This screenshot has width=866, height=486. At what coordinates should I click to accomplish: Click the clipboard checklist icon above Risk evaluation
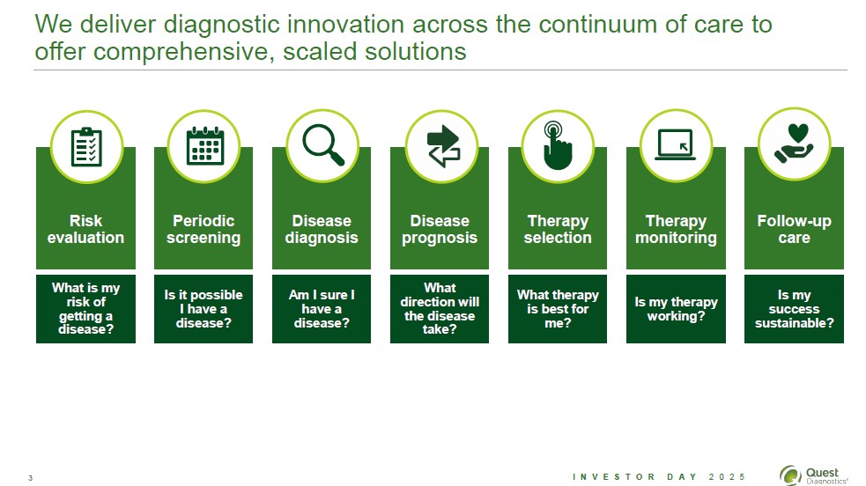[x=86, y=146]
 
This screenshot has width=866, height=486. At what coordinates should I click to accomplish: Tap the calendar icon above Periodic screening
[x=205, y=145]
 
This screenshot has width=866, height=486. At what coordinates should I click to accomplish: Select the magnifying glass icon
[x=323, y=145]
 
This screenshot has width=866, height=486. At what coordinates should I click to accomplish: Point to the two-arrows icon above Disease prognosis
[x=443, y=146]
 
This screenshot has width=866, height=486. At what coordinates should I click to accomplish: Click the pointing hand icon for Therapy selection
[x=558, y=145]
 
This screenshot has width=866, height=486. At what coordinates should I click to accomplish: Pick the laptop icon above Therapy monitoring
[x=676, y=144]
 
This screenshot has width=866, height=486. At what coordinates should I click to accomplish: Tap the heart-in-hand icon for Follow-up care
[x=794, y=144]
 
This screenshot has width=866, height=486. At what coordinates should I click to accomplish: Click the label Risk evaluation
[x=85, y=229]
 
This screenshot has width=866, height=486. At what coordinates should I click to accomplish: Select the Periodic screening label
[x=204, y=229]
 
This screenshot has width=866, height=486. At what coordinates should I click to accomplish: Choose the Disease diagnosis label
[x=322, y=229]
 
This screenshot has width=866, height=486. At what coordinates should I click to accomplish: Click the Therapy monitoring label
[x=676, y=229]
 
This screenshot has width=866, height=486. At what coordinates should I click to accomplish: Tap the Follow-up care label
[x=795, y=229]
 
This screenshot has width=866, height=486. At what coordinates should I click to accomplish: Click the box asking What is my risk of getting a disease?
[x=85, y=309]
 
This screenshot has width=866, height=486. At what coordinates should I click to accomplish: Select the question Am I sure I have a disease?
[x=322, y=309]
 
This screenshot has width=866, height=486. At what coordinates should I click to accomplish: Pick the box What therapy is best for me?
[x=558, y=309]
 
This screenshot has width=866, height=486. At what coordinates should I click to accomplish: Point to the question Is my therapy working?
[x=676, y=309]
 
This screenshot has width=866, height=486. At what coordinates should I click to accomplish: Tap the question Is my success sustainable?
[x=795, y=309]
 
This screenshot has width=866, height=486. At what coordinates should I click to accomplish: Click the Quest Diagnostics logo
[x=813, y=475]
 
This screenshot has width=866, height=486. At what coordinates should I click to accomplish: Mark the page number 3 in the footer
[x=30, y=478]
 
